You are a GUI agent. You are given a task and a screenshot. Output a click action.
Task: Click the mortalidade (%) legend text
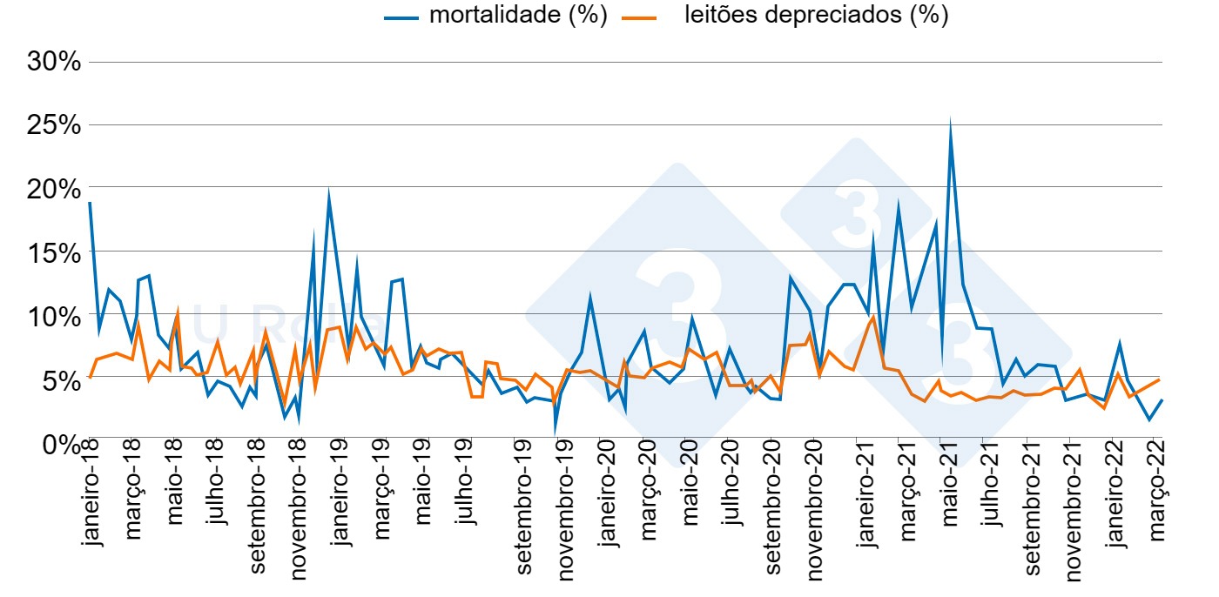(518, 16)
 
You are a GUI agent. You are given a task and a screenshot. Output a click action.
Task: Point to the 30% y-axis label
(54, 62)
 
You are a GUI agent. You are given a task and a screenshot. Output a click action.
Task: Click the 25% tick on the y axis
(54, 125)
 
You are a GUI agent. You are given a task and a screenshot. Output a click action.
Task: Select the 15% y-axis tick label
(54, 253)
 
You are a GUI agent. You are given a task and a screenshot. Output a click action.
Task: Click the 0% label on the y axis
(61, 444)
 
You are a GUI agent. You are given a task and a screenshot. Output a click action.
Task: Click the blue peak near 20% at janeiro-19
(328, 191)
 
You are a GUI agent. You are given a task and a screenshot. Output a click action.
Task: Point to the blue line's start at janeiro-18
(90, 203)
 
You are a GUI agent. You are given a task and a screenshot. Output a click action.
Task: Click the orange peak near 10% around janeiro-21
(873, 317)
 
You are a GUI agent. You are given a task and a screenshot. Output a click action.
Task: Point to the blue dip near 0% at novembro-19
(556, 430)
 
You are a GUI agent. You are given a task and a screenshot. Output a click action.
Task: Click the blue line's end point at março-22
(1162, 400)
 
